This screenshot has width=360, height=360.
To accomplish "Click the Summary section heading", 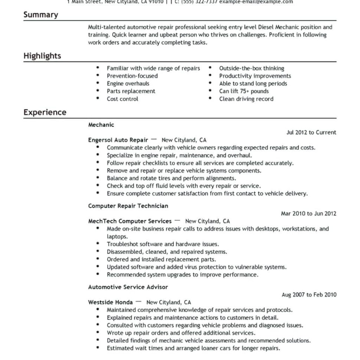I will pyautogui.click(x=41, y=15).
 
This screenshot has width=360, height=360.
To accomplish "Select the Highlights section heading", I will pyautogui.click(x=42, y=56).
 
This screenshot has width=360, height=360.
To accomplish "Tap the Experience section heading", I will pyautogui.click(x=45, y=112).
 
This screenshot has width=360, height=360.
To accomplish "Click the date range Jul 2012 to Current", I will pyautogui.click(x=311, y=132).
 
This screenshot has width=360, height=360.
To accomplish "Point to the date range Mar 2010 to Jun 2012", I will pyautogui.click(x=308, y=213).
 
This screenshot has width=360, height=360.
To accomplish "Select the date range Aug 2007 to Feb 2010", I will pyautogui.click(x=309, y=295).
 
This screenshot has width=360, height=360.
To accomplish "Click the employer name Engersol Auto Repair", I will pyautogui.click(x=118, y=140).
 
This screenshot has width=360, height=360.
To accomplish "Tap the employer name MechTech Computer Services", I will pyautogui.click(x=130, y=221).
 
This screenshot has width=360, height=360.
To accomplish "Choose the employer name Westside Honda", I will pyautogui.click(x=110, y=302).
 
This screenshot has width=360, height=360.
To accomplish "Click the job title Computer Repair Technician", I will pyautogui.click(x=128, y=206).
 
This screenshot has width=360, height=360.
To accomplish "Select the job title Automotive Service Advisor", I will pyautogui.click(x=128, y=287).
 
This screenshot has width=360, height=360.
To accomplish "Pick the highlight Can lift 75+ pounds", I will pyautogui.click(x=244, y=91).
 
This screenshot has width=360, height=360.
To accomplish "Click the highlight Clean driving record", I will pyautogui.click(x=246, y=99).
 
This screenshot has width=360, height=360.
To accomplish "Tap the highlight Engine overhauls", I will pyautogui.click(x=128, y=84).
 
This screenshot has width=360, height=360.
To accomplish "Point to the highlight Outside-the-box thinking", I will pyautogui.click(x=251, y=68).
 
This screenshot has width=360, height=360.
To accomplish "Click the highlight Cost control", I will pyautogui.click(x=122, y=99).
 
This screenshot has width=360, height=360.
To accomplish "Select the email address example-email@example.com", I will pyautogui.click(x=256, y=1).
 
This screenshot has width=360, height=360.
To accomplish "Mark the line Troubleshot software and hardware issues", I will pyautogui.click(x=163, y=244).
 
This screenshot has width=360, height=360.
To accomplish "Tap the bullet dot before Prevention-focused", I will pyautogui.click(x=98, y=76).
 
